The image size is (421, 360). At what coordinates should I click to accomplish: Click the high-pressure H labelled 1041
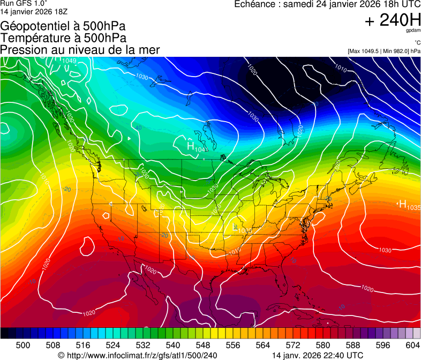[191, 146]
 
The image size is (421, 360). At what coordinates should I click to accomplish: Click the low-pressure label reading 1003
[243, 230]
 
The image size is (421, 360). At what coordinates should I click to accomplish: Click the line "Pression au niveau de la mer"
[80, 50]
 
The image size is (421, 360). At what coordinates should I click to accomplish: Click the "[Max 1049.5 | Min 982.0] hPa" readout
[384, 51]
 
